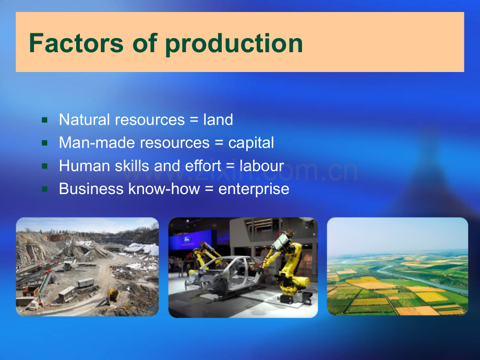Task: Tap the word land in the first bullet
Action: (x=218, y=120)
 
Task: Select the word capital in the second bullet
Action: (x=251, y=143)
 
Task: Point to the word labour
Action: (x=261, y=166)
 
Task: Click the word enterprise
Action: (x=254, y=189)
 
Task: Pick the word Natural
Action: (x=85, y=120)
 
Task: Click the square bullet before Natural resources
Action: (x=45, y=121)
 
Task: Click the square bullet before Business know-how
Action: (x=45, y=189)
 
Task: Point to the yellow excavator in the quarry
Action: (x=112, y=295)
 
